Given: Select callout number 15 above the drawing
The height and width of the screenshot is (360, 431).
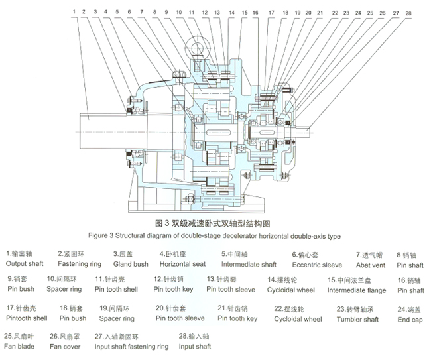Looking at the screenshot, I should [x=244, y=13].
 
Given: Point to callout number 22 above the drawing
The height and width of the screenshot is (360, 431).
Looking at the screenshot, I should [x=336, y=13].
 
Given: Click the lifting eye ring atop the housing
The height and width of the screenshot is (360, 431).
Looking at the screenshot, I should [x=197, y=46].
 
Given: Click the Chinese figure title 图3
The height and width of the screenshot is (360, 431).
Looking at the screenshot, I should [x=163, y=224].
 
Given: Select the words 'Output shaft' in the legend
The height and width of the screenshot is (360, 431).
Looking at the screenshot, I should [x=25, y=263].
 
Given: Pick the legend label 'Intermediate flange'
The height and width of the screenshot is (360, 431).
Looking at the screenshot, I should [x=357, y=290].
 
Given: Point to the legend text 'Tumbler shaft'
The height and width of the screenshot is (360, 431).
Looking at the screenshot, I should [x=357, y=318].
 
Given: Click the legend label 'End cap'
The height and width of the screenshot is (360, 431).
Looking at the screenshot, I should [x=410, y=318].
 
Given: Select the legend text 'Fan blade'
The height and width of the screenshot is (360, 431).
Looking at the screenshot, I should [x=19, y=346].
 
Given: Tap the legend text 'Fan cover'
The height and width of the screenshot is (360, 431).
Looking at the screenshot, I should [x=65, y=346].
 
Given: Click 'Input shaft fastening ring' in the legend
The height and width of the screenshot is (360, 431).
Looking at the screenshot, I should [x=131, y=346].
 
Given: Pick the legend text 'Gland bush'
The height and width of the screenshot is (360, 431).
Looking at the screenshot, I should [x=131, y=263].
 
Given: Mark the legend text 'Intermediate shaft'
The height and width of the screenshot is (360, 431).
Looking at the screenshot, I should [x=248, y=263].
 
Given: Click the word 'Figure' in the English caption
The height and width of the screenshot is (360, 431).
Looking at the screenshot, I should [x=100, y=235].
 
